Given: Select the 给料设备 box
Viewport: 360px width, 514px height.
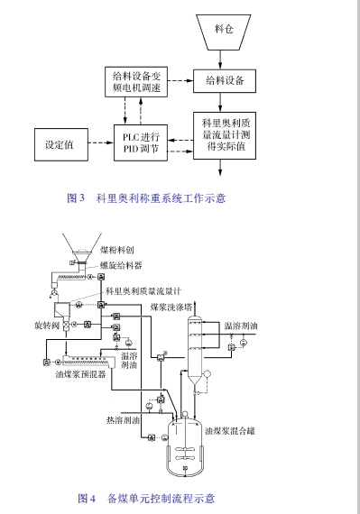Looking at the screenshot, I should click(x=222, y=82).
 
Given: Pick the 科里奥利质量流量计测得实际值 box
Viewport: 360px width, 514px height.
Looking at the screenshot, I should click(x=222, y=134).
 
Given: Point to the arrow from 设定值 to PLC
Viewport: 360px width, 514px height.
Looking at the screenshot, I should click(x=95, y=142).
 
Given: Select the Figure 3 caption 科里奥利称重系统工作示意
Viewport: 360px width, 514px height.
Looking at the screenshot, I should click(x=146, y=197).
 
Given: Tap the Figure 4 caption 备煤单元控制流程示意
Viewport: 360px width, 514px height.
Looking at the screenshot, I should click(x=146, y=497).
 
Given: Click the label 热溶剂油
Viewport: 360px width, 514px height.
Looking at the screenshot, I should click(x=123, y=419).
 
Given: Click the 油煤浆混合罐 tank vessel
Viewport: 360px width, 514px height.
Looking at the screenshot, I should click(x=185, y=442).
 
